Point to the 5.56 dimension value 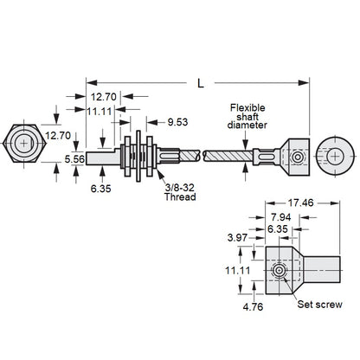click(x=73, y=159)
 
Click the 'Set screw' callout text click(x=318, y=304)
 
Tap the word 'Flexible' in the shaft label click(x=249, y=107)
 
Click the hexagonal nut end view click(x=26, y=143)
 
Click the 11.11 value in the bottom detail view click(x=237, y=270)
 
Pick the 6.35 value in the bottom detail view click(x=277, y=228)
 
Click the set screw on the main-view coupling click(x=297, y=157)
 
